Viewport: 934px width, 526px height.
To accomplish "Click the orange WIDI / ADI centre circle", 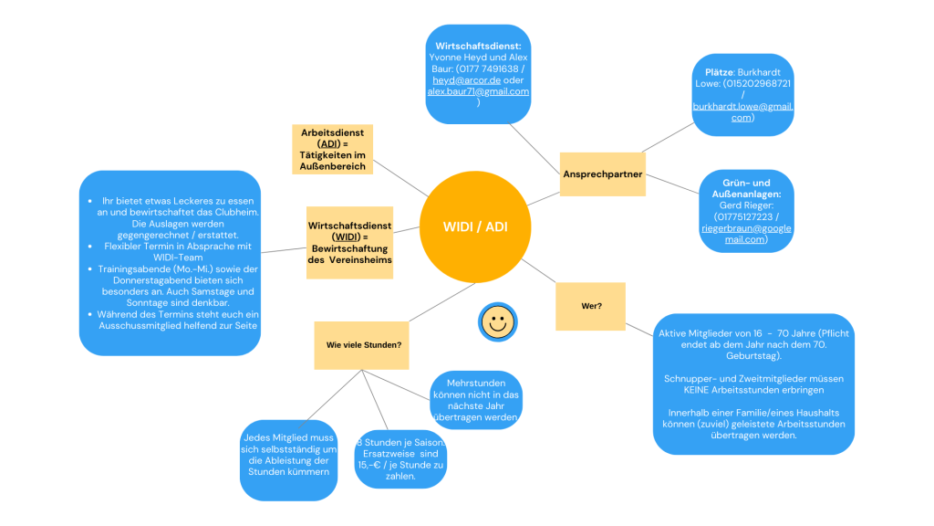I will coord(474,226).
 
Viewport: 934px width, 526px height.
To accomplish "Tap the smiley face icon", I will coord(496,321).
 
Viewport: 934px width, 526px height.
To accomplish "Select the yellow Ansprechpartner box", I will coord(602,174).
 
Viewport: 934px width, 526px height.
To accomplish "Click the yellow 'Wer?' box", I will coord(590,306).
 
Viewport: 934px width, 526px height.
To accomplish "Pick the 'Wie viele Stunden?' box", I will coord(363,345).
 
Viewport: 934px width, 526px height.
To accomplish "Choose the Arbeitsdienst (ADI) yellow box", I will coord(332,150).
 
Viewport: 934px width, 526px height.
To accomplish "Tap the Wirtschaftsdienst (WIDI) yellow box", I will coord(349,242).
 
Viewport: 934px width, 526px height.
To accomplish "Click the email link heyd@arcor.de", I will coord(458,79).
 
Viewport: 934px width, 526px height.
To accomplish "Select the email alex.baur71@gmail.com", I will coord(478,91).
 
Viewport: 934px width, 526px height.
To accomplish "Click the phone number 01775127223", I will coord(741,216).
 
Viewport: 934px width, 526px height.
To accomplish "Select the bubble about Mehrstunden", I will coord(475,400).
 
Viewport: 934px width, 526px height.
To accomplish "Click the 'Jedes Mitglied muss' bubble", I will coord(289,460).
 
